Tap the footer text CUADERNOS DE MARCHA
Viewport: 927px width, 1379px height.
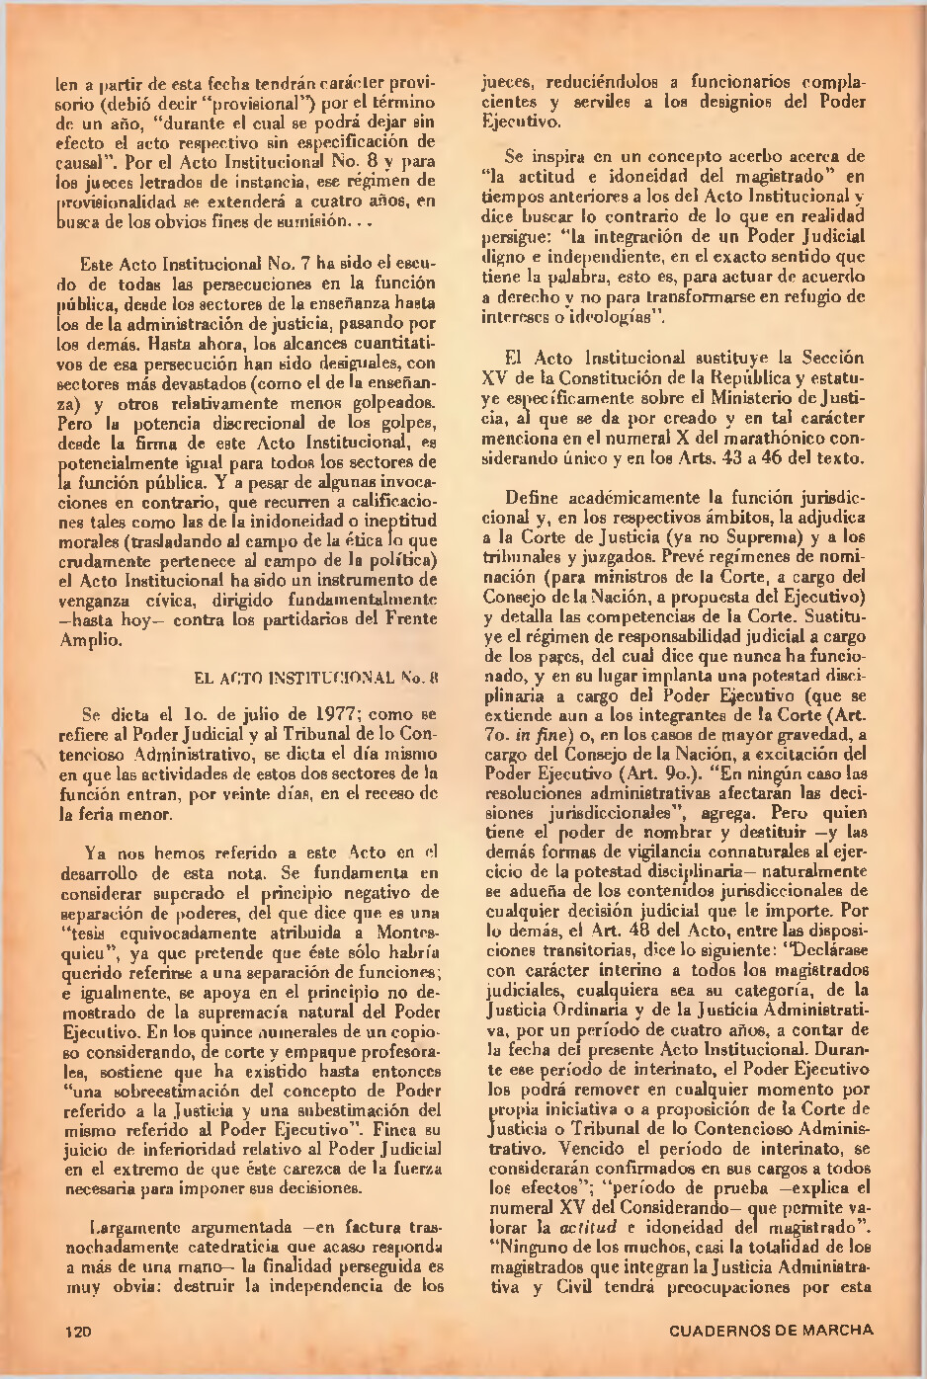coord(771,1330)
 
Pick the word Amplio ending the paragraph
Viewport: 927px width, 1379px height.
coord(88,640)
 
